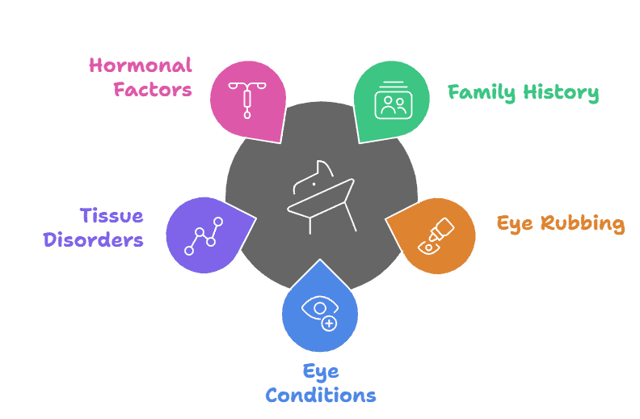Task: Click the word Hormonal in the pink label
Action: click(x=141, y=65)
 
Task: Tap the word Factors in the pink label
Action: click(x=153, y=89)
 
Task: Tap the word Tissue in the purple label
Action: click(x=112, y=216)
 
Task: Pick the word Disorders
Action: click(x=94, y=240)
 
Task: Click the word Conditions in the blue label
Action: click(x=320, y=396)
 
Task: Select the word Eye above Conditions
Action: click(x=320, y=371)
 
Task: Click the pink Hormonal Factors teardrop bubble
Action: click(x=246, y=99)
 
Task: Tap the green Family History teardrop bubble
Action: click(x=392, y=99)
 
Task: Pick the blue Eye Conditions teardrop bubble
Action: click(x=320, y=311)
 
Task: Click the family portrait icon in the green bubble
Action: click(x=394, y=104)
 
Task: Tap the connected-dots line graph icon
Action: click(x=203, y=235)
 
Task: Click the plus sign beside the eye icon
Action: click(x=328, y=324)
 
